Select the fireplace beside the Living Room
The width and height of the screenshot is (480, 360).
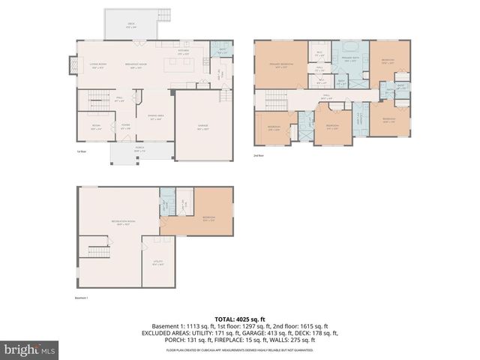tap(73, 67)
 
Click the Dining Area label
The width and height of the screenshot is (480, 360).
tap(155, 118)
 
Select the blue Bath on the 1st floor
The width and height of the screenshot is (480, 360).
tap(222, 51)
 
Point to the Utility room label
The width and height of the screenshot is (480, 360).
tap(157, 263)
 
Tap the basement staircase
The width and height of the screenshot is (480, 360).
tap(99, 250)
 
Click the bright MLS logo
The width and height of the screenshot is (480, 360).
tap(29, 349)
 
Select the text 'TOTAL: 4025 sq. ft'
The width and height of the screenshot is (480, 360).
tap(239, 318)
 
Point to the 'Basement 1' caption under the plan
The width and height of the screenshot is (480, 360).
tap(82, 298)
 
